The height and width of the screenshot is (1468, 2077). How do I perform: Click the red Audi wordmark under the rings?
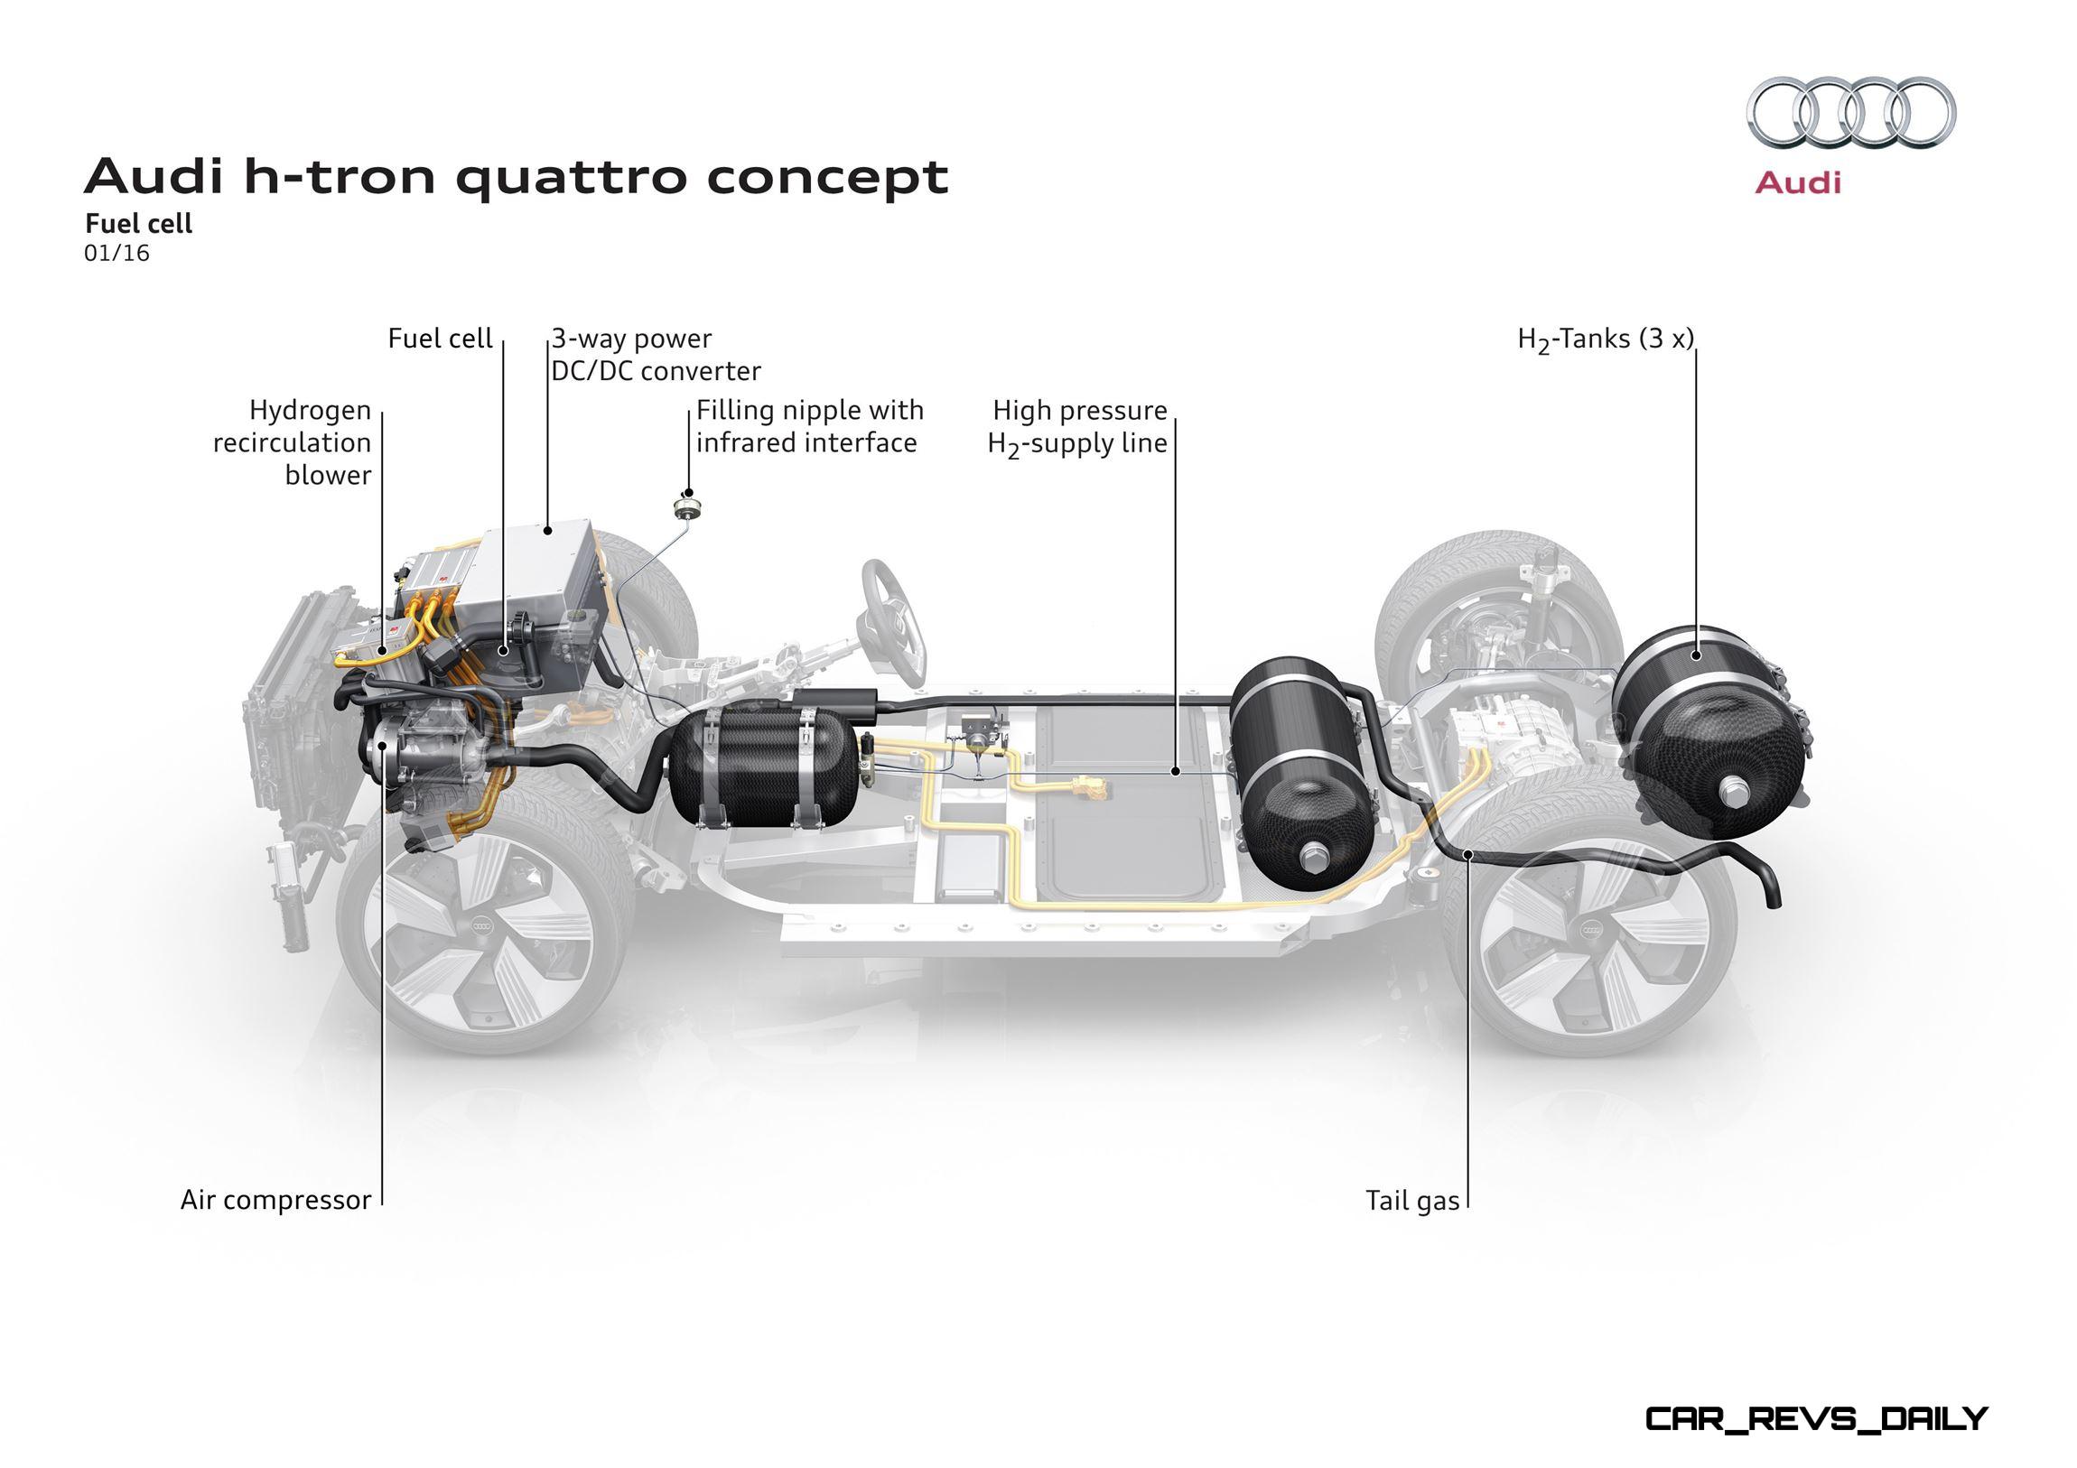click(x=1797, y=182)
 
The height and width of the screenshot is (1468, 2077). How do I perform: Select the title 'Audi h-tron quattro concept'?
click(x=517, y=176)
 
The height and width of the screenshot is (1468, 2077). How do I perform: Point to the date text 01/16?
click(x=116, y=254)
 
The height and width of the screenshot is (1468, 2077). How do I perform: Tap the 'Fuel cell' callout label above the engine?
click(x=440, y=339)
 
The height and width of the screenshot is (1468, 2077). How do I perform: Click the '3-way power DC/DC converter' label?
click(x=656, y=355)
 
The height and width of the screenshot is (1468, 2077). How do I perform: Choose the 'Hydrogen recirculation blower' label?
click(x=293, y=442)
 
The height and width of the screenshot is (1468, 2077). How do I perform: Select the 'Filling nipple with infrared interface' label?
click(x=810, y=426)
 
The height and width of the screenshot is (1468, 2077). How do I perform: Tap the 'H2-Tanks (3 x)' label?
click(x=1605, y=340)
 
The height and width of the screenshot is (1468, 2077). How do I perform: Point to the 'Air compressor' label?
click(x=276, y=1199)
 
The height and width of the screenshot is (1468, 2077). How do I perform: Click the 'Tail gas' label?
click(x=1412, y=1200)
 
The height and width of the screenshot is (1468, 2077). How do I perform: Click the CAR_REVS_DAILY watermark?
click(x=1815, y=1418)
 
